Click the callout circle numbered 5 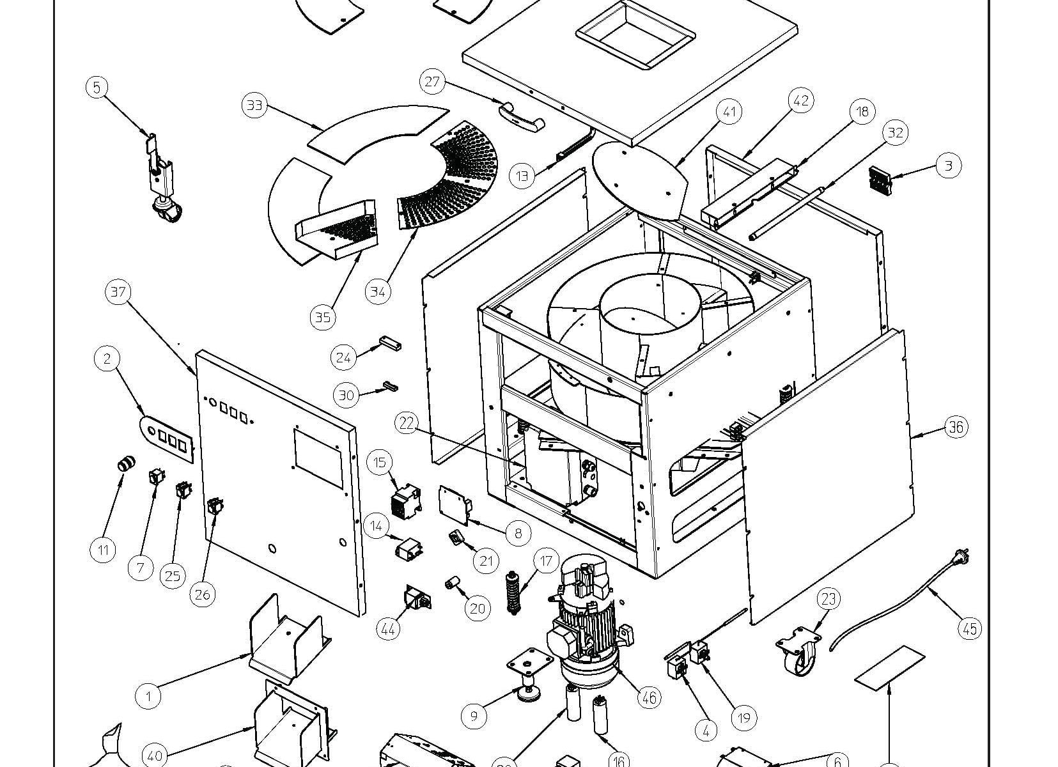[97, 87]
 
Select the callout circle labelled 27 [433, 82]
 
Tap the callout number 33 [254, 105]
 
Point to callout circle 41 [729, 112]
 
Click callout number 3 [949, 166]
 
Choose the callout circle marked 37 [118, 292]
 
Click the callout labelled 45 [970, 629]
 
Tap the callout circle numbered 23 [829, 600]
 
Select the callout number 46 [650, 699]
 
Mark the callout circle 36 [956, 427]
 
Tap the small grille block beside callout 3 [880, 178]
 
